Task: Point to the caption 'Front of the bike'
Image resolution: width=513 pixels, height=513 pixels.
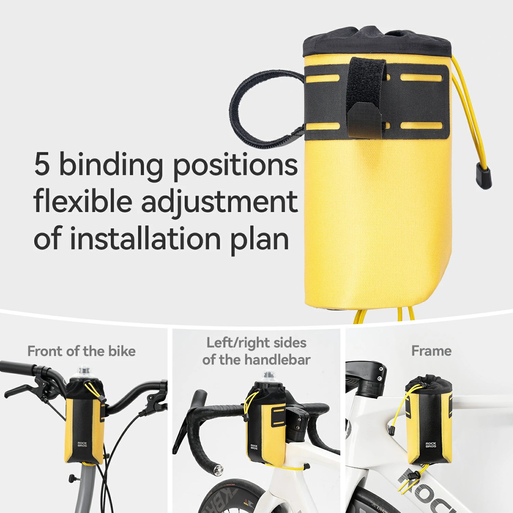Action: point(81,351)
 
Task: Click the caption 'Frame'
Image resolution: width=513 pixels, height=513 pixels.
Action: point(431,351)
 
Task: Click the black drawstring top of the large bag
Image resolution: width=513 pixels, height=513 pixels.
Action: point(376,41)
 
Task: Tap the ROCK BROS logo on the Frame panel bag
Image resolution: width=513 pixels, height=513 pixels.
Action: point(431,445)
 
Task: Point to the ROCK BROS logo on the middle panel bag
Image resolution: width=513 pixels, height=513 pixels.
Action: point(254,447)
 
